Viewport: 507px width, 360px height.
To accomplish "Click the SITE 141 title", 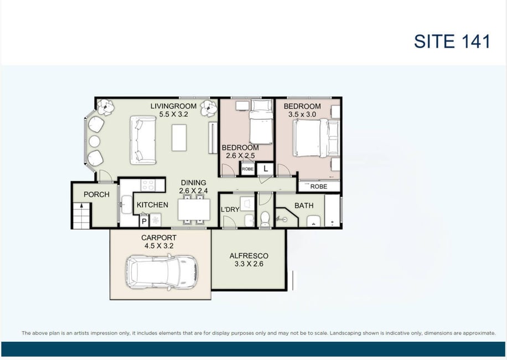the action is [452, 42].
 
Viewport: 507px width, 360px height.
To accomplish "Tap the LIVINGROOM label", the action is [174, 106].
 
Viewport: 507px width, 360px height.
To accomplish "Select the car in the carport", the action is [161, 272].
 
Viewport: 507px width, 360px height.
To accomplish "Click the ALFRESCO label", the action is [249, 255].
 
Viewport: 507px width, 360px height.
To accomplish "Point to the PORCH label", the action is [96, 194].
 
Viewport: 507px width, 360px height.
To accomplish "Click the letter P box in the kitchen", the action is [144, 221].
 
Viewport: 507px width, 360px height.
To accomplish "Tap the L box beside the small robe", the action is [266, 168].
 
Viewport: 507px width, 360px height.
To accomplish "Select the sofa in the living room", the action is [143, 140].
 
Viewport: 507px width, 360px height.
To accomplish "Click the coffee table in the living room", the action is [179, 137].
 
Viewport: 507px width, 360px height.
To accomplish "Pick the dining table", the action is [194, 209].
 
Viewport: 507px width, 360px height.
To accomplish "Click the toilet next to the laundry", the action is [265, 219].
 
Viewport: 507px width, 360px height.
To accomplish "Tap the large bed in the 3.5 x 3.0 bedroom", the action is [317, 138].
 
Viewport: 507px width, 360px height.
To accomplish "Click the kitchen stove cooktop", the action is [148, 185].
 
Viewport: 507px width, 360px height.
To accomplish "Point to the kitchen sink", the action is [126, 204].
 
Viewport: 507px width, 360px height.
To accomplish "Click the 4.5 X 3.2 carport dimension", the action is [159, 246].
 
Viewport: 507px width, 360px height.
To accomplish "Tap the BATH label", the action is [304, 205].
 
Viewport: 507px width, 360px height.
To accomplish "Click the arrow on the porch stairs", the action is [82, 205].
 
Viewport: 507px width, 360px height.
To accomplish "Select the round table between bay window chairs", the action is [95, 141].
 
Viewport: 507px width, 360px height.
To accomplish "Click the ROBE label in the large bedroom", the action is [319, 187].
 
